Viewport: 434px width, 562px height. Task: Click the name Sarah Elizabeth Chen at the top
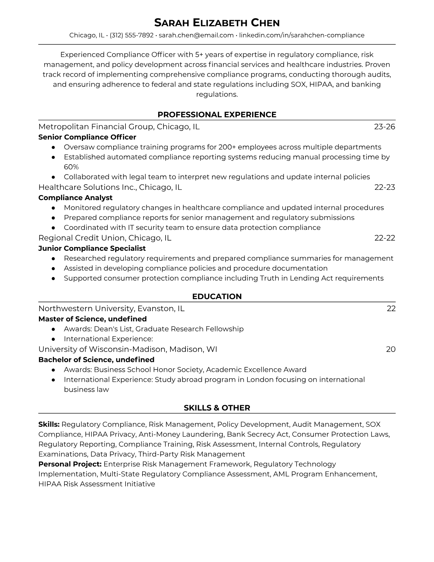(217, 23)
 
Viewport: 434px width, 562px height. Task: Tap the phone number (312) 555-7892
(132, 35)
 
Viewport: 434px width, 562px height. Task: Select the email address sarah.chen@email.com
(196, 35)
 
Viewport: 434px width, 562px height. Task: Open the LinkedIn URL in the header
(302, 35)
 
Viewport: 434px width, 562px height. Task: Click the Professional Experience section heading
(217, 115)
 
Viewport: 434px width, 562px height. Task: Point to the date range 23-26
(384, 127)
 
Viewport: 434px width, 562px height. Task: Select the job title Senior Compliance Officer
(87, 137)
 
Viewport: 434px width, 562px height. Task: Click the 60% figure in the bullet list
(71, 167)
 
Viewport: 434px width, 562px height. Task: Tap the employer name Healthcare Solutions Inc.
(88, 187)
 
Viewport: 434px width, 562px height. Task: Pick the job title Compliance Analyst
(75, 198)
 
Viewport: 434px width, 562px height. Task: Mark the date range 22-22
(384, 238)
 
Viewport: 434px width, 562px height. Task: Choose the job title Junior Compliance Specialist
(92, 248)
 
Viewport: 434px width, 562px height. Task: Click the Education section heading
(217, 297)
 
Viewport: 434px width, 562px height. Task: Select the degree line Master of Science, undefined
(92, 319)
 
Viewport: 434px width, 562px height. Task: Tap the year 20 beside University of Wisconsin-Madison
(390, 349)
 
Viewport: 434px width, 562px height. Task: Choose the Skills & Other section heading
(217, 408)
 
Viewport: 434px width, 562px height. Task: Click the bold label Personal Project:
(70, 464)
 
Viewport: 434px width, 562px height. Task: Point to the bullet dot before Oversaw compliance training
(53, 147)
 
